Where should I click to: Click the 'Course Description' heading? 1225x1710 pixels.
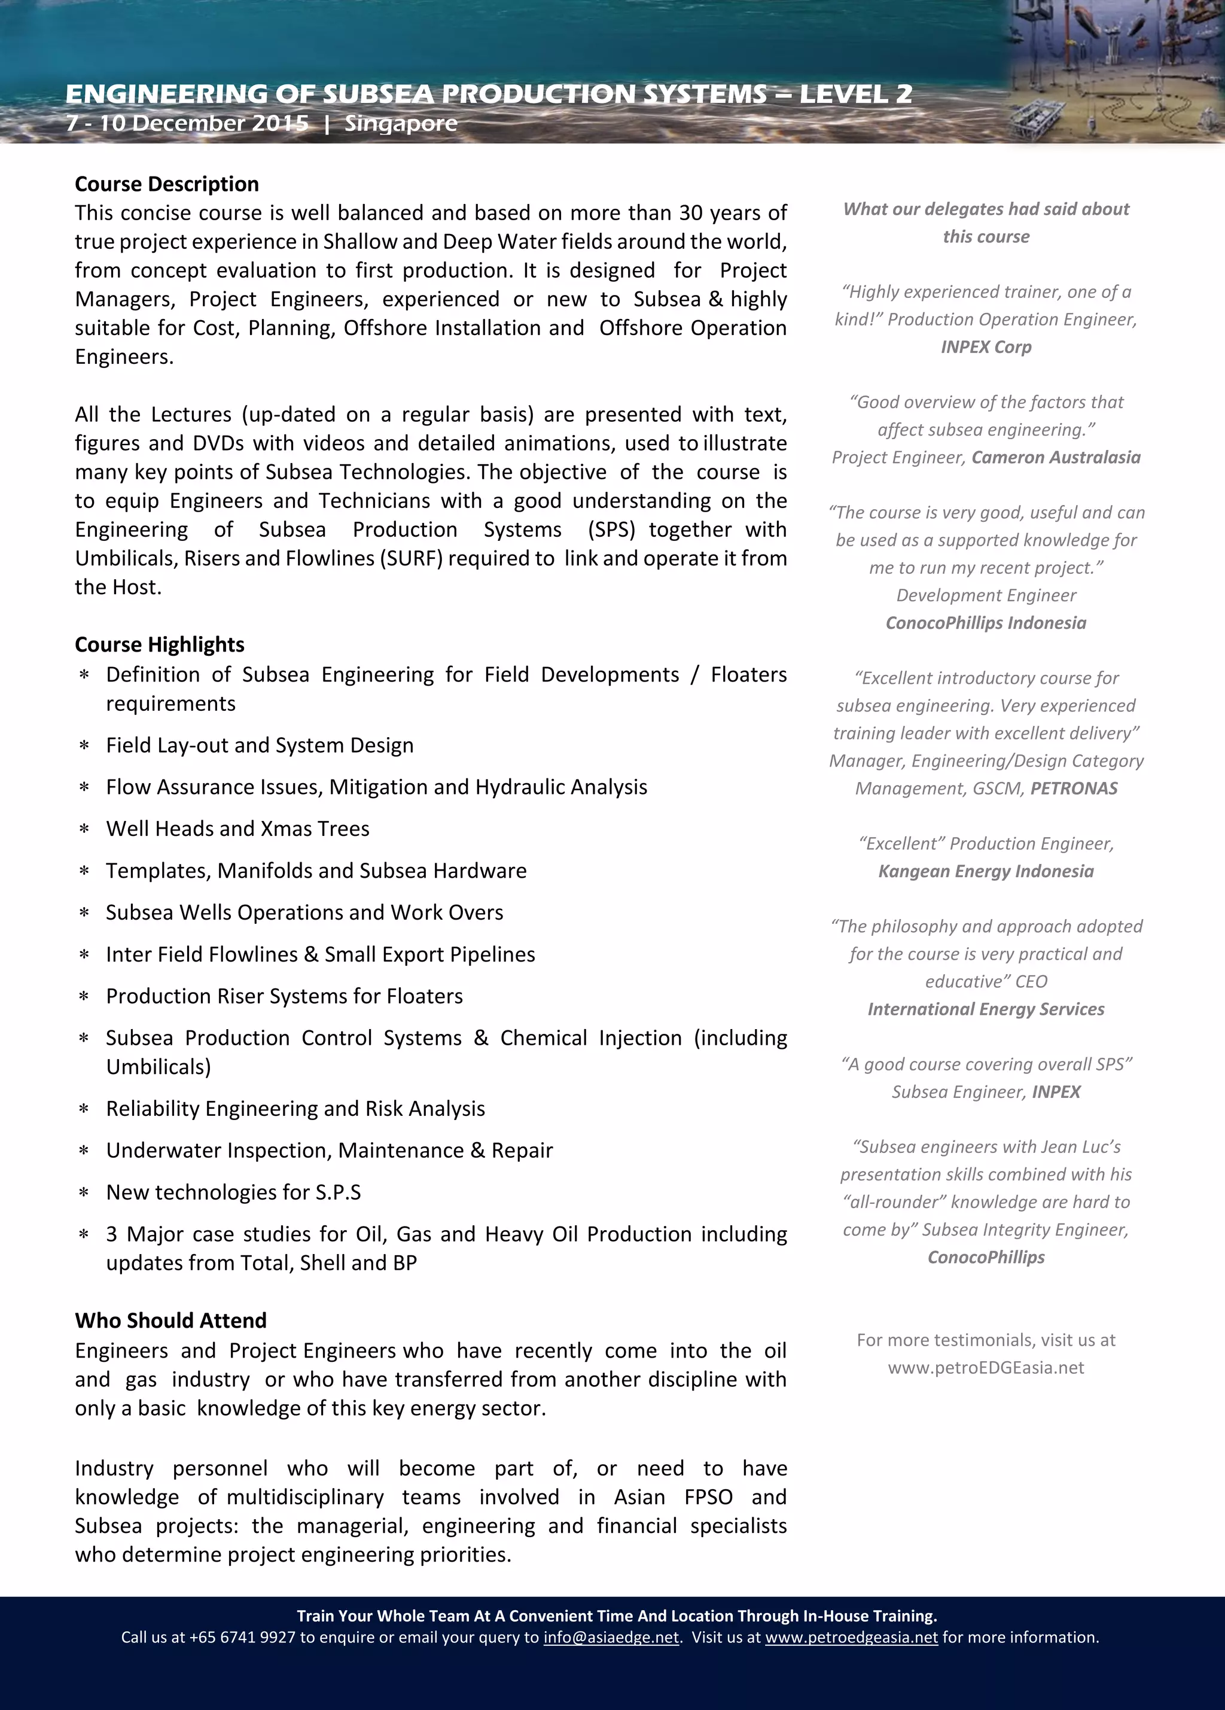[x=167, y=184]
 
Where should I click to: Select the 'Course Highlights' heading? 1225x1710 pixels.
[x=159, y=644]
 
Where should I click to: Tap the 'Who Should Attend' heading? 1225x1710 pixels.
[x=170, y=1320]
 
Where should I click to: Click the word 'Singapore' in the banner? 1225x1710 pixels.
[x=400, y=124]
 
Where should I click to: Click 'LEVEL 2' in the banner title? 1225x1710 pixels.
[x=855, y=95]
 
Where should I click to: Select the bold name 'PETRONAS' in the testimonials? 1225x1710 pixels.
[x=1074, y=789]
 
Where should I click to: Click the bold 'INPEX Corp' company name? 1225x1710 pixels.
[x=985, y=347]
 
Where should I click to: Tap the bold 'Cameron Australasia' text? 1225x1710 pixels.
[x=1055, y=458]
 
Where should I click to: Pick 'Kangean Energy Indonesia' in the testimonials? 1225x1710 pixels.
[x=985, y=872]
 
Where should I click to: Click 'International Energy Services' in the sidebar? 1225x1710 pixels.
[x=985, y=1009]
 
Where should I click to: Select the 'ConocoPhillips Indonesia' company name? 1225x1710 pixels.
[x=985, y=623]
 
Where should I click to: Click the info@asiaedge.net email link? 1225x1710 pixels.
[x=611, y=1638]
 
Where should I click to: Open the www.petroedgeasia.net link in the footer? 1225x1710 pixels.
[x=851, y=1638]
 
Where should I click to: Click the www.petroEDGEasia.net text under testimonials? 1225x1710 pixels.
[x=985, y=1368]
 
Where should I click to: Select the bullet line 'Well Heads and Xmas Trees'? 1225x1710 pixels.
[x=237, y=829]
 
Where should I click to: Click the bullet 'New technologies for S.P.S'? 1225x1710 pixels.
[x=233, y=1192]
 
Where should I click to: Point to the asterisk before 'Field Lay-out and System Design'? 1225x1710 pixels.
[x=84, y=746]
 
